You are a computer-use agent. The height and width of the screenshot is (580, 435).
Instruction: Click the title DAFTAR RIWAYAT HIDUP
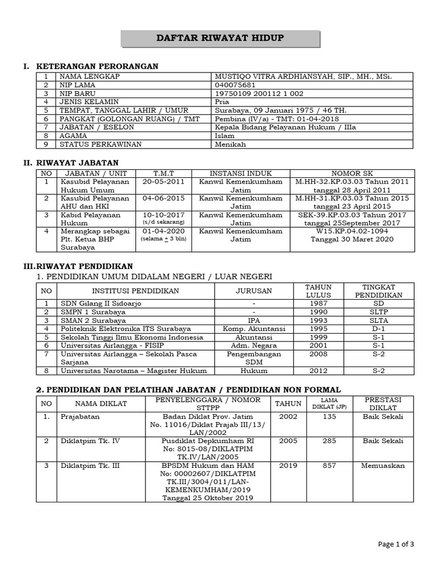tap(220, 39)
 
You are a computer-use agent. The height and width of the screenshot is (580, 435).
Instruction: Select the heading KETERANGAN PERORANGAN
tap(97, 67)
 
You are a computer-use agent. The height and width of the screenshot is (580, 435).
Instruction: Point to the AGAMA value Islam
tap(224, 136)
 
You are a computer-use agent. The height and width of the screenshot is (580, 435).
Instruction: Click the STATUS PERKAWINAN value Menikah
tap(229, 144)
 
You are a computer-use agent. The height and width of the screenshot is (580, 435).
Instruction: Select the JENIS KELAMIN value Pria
tap(222, 102)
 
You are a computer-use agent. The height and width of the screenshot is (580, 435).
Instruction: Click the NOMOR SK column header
tap(352, 173)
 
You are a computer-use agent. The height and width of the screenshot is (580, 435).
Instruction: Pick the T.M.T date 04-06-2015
tap(164, 199)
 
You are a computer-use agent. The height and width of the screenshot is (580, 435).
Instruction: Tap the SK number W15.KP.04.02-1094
tap(352, 232)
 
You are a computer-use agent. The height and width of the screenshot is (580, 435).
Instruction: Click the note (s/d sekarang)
tap(164, 223)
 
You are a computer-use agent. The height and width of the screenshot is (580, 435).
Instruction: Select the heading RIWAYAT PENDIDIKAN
tap(84, 266)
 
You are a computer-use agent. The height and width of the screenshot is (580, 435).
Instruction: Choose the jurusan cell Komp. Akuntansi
tap(254, 329)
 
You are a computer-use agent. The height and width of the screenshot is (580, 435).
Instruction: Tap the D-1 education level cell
tap(378, 329)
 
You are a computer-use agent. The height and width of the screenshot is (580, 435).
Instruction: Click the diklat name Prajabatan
tap(80, 417)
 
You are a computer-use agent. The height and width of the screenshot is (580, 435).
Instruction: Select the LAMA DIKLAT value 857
tap(329, 466)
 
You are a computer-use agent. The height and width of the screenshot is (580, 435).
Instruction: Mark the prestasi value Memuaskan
tap(383, 466)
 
